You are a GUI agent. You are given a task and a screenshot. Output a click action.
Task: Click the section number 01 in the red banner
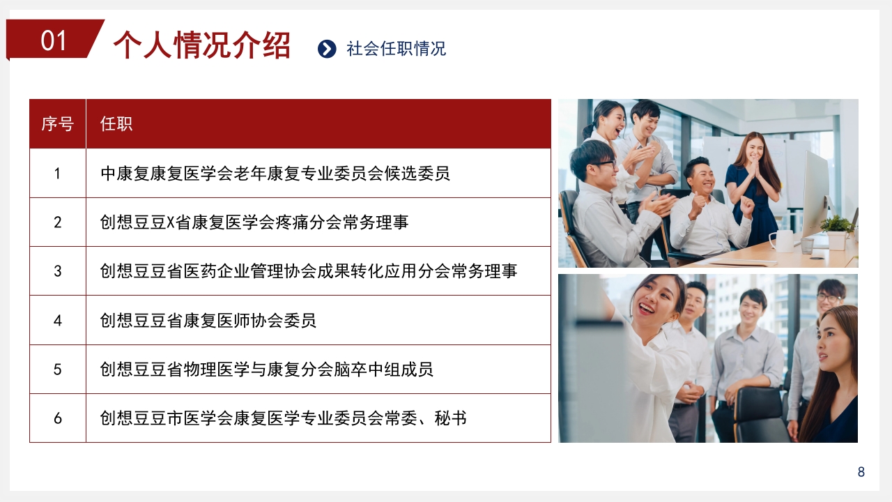click(54, 40)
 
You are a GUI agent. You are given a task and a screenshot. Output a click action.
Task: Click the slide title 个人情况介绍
click(201, 45)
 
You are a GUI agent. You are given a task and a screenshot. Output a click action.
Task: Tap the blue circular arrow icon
click(327, 48)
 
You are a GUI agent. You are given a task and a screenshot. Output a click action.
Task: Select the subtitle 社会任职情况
click(396, 49)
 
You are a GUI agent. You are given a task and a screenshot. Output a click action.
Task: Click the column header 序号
click(57, 124)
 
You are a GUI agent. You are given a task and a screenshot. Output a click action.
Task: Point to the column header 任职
click(116, 124)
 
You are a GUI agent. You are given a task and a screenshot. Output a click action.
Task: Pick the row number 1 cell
click(57, 173)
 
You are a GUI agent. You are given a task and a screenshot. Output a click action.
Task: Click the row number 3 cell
click(57, 271)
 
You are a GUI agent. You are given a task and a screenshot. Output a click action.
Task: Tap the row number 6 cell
click(57, 418)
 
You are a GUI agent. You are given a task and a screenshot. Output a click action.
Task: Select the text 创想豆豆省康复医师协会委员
click(208, 321)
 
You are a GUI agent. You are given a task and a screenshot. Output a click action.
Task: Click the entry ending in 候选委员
click(275, 173)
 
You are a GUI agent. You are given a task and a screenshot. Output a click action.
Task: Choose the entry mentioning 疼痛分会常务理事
click(254, 222)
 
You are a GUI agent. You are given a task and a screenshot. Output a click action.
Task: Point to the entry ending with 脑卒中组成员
click(267, 370)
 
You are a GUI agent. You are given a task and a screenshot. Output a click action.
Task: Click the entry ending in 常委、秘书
click(284, 418)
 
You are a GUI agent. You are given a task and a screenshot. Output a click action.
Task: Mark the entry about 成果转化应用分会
click(309, 271)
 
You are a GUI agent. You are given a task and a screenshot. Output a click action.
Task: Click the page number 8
click(861, 472)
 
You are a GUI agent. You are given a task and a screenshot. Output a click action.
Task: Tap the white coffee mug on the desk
click(783, 241)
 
